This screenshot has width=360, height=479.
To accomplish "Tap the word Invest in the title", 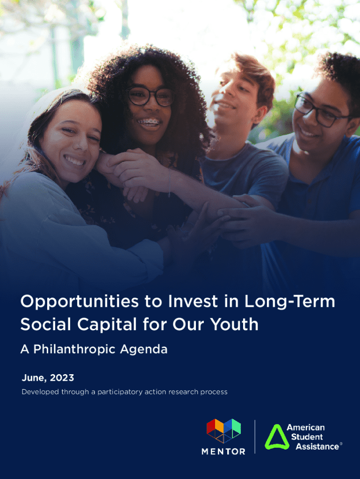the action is tap(193, 301).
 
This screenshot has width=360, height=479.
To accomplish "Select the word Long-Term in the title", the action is tap(290, 302).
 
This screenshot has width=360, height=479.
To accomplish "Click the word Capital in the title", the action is tap(107, 325).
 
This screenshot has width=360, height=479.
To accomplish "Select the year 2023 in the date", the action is tap(62, 378).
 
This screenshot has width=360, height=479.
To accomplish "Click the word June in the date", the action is tap(34, 378).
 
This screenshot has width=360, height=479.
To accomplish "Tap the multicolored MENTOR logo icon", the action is tap(223, 431).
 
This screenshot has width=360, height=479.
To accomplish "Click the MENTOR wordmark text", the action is tap(223, 451).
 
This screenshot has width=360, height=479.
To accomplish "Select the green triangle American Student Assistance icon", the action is tap(277, 437).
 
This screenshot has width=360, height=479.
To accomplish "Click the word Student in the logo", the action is tap(307, 437).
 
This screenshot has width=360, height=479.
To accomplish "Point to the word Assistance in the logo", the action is tap(317, 447).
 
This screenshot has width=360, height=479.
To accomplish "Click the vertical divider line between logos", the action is tap(255, 437).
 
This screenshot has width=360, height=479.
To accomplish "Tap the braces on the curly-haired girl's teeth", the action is tap(149, 122).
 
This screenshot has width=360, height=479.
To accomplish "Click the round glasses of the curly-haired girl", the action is tap(151, 96).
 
